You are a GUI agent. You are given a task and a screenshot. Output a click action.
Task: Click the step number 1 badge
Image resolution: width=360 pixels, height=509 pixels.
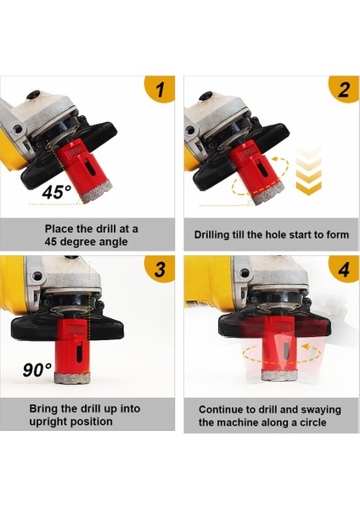point(160,88)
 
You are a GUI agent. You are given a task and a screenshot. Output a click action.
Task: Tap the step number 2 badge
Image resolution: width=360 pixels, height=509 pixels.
point(345,88)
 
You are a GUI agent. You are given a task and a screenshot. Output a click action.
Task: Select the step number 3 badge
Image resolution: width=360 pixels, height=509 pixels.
point(160,269)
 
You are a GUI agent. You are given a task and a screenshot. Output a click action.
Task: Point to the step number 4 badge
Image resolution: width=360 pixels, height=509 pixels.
point(345,269)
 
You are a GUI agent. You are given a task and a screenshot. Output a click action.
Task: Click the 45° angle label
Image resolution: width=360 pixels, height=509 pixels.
point(57,192)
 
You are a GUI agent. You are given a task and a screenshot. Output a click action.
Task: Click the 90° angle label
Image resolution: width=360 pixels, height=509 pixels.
point(37,369)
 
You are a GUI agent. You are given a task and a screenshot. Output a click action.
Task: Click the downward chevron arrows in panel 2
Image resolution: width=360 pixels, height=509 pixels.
point(308,171)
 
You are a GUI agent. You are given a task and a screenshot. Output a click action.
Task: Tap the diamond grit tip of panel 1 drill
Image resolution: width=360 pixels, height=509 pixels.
point(97,192)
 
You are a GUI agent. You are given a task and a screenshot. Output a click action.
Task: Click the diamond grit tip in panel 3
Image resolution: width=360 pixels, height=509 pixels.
point(72,378)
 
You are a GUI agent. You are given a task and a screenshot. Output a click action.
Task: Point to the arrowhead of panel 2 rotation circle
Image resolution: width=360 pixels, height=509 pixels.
point(275,159)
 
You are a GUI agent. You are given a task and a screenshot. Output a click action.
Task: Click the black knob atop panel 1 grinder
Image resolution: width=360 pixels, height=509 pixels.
point(33,95)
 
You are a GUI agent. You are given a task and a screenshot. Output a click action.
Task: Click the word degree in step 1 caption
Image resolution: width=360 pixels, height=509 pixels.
point(79,242)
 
